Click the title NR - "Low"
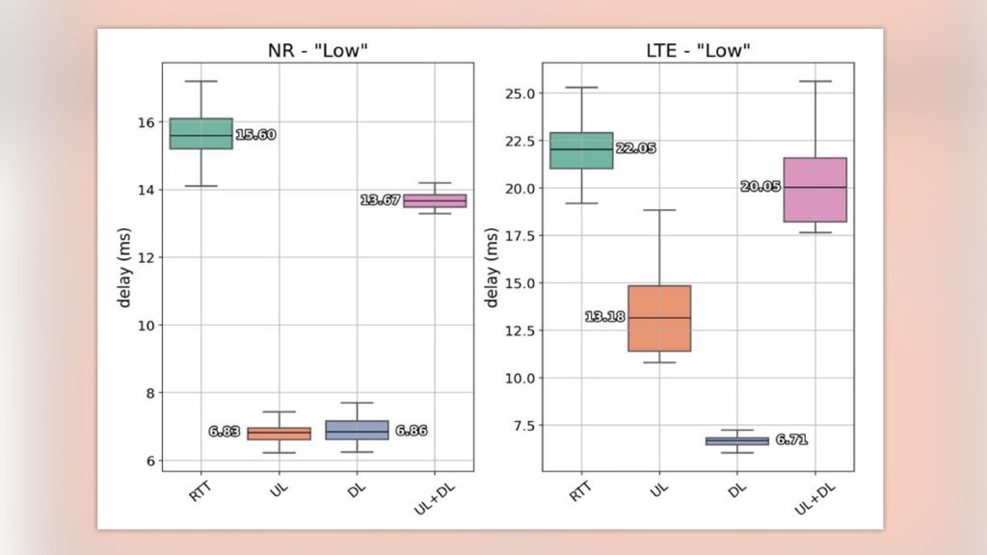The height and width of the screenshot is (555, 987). pos(317,50)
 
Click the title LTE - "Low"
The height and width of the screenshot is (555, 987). pos(697,50)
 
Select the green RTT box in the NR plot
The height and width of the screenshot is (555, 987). pos(200,134)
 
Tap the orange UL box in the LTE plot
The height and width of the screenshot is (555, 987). pos(659,318)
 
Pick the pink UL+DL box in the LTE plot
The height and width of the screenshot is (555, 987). pos(814,190)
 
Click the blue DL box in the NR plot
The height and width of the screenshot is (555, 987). pos(357,430)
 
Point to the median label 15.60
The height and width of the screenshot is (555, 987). pos(255,135)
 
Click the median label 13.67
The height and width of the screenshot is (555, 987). pos(380,200)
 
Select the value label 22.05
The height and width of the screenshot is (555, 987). pos(636,148)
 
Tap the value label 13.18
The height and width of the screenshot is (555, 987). pos(604,317)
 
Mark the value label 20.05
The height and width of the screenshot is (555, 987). pos(760,187)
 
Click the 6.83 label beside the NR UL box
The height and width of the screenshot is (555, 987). pos(224,432)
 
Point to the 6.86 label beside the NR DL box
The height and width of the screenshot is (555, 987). pos(411,431)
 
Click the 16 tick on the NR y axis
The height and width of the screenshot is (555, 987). pos(146,122)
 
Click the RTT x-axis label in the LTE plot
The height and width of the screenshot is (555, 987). pos(579,490)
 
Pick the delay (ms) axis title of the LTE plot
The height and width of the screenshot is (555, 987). pos(492,268)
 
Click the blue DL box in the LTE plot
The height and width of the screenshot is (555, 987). pos(737,440)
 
